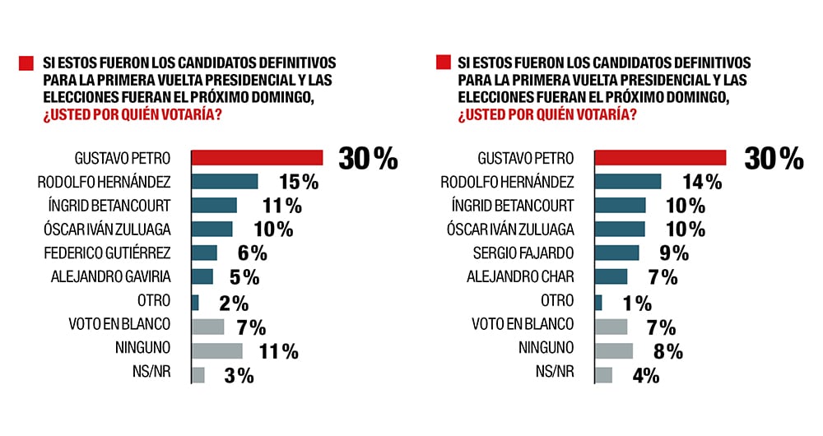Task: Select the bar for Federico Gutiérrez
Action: click(204, 253)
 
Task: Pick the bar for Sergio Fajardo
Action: click(616, 253)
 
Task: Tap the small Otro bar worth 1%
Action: click(598, 303)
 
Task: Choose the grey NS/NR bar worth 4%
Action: click(603, 375)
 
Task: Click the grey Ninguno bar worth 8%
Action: click(613, 351)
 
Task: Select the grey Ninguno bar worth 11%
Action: click(217, 351)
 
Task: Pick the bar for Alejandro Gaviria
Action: click(202, 277)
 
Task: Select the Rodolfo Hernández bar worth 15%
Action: click(225, 182)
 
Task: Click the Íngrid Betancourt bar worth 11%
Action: click(214, 206)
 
